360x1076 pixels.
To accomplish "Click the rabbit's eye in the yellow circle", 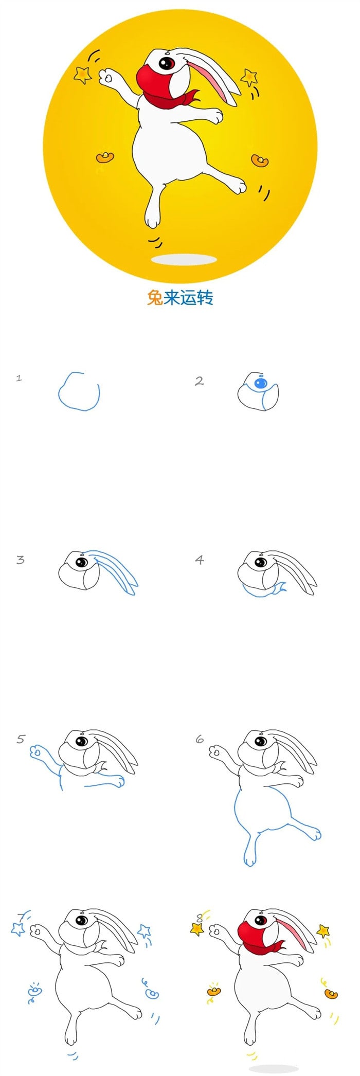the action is [166, 63].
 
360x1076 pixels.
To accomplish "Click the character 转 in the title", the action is [205, 297].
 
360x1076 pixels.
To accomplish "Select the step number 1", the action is [19, 378].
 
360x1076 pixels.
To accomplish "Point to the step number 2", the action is [199, 381].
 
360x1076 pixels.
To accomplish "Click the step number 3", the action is [20, 560].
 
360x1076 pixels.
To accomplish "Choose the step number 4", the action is [200, 560].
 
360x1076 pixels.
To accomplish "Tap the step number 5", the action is [21, 740].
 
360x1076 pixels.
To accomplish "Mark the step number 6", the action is [200, 740].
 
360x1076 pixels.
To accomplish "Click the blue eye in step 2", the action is [261, 383].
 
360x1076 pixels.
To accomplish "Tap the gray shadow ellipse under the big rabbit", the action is [184, 259].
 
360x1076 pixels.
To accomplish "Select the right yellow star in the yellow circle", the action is [249, 77].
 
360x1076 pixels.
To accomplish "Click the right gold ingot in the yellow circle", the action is [260, 160].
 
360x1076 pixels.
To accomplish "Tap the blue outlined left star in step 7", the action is [19, 928].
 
